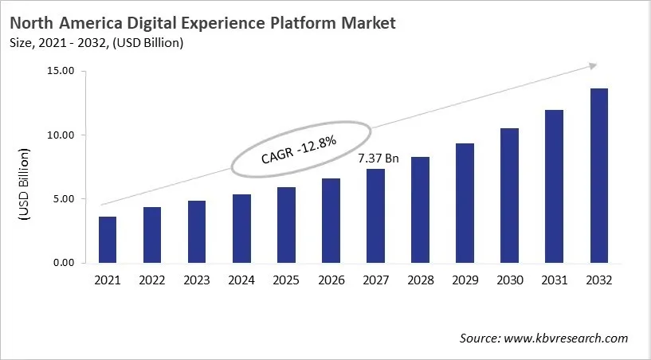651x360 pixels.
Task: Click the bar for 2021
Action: click(x=108, y=240)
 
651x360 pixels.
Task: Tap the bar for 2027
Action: click(x=376, y=216)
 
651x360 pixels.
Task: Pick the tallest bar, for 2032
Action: click(x=599, y=175)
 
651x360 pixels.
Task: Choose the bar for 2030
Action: click(x=510, y=195)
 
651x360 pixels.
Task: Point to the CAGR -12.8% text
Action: click(x=300, y=148)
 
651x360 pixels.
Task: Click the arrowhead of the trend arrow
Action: click(x=590, y=65)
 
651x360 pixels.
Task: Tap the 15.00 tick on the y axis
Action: click(x=61, y=72)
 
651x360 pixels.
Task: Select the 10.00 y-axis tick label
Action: click(x=61, y=135)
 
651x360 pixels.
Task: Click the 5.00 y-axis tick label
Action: click(x=64, y=199)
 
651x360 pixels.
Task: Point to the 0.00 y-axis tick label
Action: click(x=64, y=263)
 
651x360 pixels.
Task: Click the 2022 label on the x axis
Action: click(x=152, y=281)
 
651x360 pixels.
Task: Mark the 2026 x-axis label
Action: click(x=331, y=281)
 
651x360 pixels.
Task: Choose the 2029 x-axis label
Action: click(x=465, y=281)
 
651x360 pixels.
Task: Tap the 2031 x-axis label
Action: click(x=555, y=281)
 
